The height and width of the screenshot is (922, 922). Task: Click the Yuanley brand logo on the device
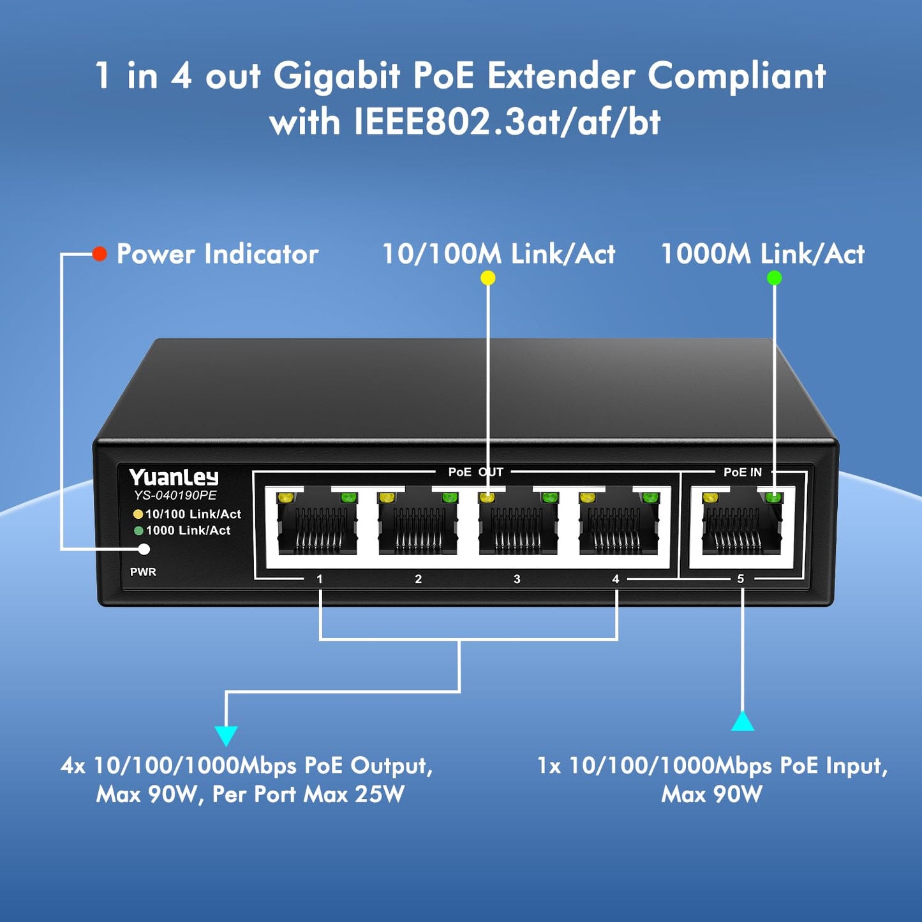(x=173, y=477)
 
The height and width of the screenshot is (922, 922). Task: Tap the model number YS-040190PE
(x=175, y=495)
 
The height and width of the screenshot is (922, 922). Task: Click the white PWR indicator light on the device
(x=144, y=549)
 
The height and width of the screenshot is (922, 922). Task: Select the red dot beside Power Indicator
(x=100, y=253)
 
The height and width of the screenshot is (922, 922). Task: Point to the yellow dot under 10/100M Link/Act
(x=487, y=278)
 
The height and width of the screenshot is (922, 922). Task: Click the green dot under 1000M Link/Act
(x=774, y=278)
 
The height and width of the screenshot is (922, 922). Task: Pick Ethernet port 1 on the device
(x=317, y=524)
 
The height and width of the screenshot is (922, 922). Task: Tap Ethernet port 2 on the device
(x=418, y=524)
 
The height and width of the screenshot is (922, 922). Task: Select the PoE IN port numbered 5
(x=742, y=524)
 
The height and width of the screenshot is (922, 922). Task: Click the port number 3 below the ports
(x=517, y=579)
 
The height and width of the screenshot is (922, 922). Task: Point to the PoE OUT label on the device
(x=475, y=472)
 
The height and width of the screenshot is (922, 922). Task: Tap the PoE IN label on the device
(x=743, y=472)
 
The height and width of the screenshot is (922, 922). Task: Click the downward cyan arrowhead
(x=226, y=736)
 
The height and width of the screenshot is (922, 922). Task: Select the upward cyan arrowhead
(x=743, y=722)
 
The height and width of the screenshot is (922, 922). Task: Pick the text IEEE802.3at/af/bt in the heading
(x=507, y=123)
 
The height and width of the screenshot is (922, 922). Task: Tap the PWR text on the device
(x=143, y=572)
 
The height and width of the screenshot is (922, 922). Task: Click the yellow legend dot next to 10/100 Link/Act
(x=138, y=514)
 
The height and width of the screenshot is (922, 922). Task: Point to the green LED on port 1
(x=347, y=498)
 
